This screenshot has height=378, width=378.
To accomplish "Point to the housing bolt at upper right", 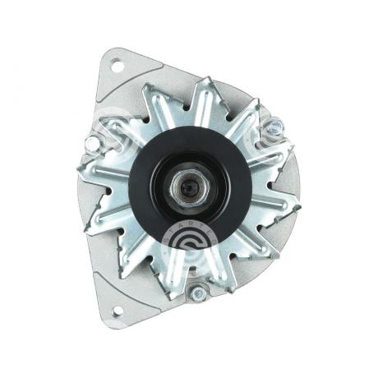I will [274, 127].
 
